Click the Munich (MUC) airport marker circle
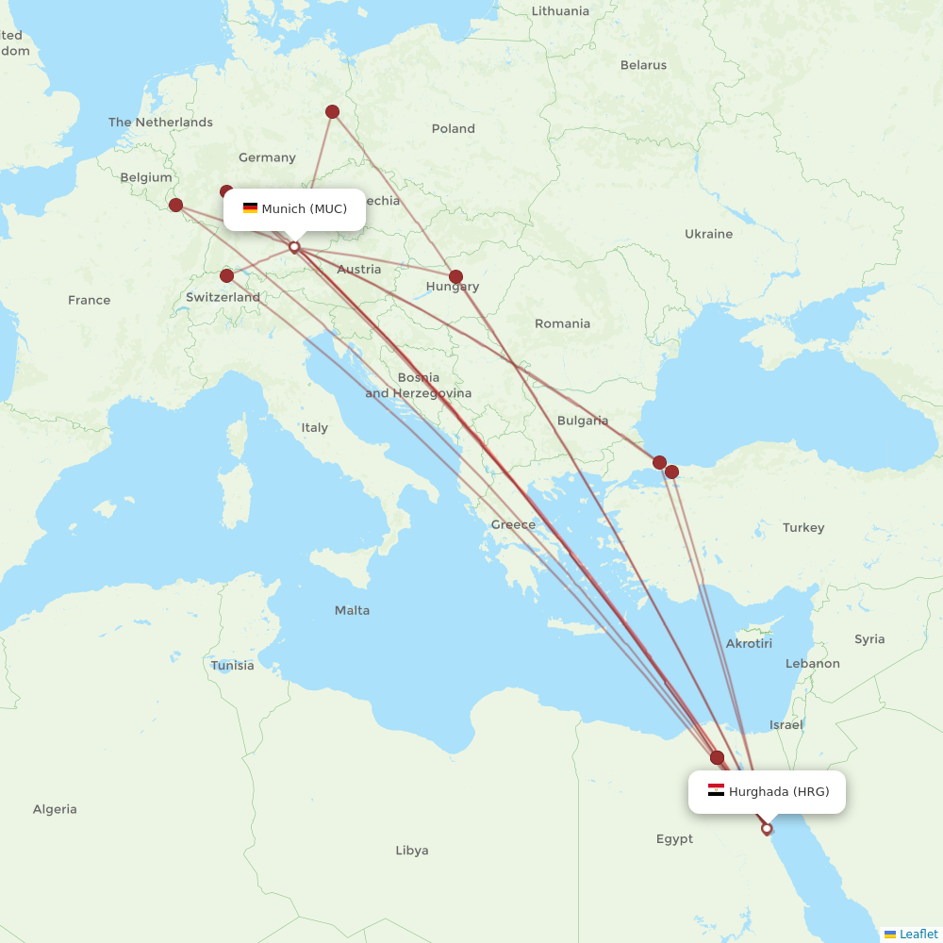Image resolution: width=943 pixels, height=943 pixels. (x=294, y=247)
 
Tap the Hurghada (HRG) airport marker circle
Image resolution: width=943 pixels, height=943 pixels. (x=767, y=829)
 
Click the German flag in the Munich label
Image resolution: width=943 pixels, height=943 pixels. (x=250, y=208)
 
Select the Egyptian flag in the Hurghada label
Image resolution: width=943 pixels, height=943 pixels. (x=716, y=791)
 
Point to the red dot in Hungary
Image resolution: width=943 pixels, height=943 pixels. (x=456, y=277)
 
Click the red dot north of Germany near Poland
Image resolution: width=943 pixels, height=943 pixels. (x=333, y=112)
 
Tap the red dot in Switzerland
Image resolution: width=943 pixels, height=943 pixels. (x=226, y=276)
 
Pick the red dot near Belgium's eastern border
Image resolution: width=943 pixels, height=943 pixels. (x=175, y=205)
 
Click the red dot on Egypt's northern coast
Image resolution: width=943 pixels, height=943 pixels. (x=717, y=757)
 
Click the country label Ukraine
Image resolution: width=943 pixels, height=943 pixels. (x=708, y=234)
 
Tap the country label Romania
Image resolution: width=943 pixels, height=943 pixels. (x=562, y=323)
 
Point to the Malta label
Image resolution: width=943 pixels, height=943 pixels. (x=352, y=610)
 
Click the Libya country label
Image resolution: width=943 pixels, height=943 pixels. (x=412, y=851)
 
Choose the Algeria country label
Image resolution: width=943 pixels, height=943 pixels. (x=55, y=809)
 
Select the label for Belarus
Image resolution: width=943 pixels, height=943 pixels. (x=643, y=65)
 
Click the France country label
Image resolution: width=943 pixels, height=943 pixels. (x=89, y=300)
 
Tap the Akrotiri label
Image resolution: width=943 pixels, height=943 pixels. (x=749, y=643)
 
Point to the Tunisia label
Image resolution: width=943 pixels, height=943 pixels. (x=232, y=666)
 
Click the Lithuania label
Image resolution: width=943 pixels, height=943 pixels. (x=559, y=11)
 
